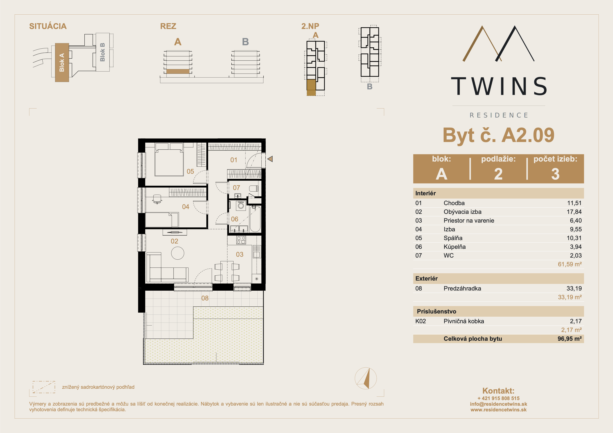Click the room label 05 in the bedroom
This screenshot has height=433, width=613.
point(190,171)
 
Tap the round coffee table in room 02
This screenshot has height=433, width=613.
point(177,253)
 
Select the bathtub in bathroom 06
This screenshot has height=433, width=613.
point(255,219)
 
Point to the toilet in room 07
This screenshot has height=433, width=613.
point(254,189)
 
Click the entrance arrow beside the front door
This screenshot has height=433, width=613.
point(270,159)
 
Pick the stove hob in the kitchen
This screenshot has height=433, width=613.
point(241,240)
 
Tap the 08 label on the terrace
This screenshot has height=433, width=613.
point(205,298)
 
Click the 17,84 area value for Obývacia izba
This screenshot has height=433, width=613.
point(574,212)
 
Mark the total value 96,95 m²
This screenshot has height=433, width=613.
point(569,339)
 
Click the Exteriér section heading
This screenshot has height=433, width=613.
point(426,278)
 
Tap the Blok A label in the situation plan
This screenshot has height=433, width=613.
point(62,62)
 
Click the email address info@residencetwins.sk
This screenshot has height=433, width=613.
point(499,404)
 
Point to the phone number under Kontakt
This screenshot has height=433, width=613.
point(499,398)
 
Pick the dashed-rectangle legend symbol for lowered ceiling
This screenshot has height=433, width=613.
point(44,387)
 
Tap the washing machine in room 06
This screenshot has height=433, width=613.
point(241,206)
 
